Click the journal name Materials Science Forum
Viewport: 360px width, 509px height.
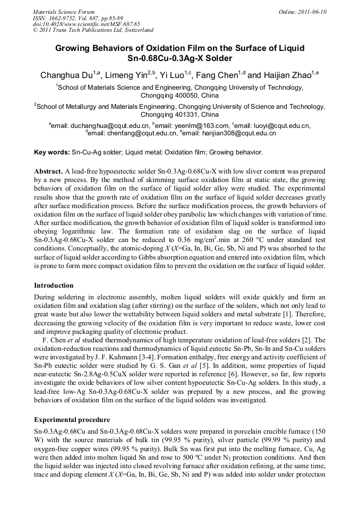point(64,11)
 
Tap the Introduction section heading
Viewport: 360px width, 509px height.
point(54,286)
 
